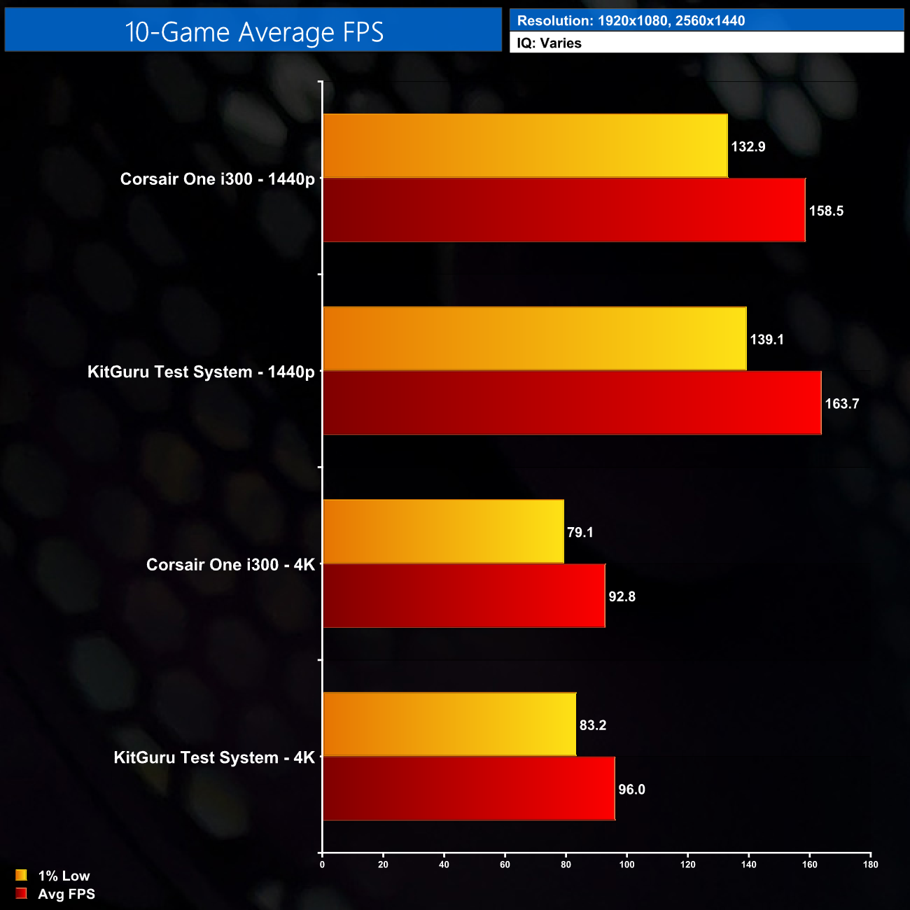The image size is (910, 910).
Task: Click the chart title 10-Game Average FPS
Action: (254, 32)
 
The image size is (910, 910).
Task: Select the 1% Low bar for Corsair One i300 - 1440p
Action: (525, 146)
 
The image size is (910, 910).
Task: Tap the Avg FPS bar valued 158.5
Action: (563, 210)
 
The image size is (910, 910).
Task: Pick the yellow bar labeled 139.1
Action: (535, 339)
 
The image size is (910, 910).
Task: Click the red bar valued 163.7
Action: (572, 403)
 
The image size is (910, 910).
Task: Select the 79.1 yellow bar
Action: (443, 531)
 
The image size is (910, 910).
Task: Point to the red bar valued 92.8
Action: (464, 596)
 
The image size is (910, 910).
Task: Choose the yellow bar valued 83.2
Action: (449, 724)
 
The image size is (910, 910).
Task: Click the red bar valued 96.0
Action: (469, 788)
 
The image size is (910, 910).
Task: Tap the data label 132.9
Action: (748, 147)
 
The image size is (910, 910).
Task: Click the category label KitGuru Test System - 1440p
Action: (201, 372)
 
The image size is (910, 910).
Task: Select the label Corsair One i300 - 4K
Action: (230, 565)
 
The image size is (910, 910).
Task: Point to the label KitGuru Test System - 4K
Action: (214, 758)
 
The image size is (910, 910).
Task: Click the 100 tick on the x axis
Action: (626, 864)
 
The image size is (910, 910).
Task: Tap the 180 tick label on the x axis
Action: (870, 864)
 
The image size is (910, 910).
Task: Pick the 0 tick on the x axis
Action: (322, 864)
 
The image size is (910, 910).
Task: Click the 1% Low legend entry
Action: (63, 876)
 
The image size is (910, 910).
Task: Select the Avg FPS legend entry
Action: (66, 894)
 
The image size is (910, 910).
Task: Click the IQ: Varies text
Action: (549, 43)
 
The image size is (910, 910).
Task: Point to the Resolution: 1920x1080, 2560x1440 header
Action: (631, 21)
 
